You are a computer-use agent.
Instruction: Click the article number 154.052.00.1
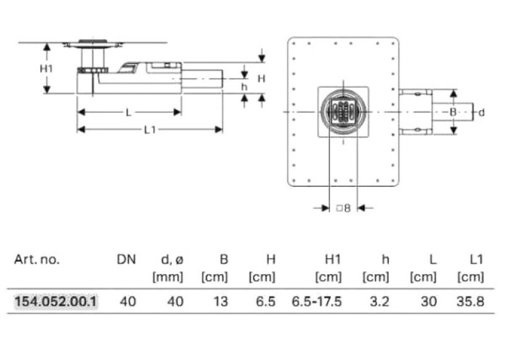(x=55, y=302)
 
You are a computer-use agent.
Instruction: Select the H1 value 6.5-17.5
(x=317, y=302)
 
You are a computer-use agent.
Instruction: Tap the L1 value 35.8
(x=470, y=302)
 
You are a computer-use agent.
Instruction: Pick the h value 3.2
(x=380, y=302)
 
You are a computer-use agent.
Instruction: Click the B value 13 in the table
(x=220, y=302)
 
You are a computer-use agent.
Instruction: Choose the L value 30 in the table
(x=428, y=302)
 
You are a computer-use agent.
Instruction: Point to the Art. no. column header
(x=37, y=260)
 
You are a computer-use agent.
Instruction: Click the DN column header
(x=126, y=260)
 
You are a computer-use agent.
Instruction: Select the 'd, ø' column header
(x=172, y=260)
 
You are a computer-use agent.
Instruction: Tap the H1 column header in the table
(x=333, y=260)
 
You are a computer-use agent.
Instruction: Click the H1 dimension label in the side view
(x=46, y=68)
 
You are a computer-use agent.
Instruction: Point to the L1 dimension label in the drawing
(x=150, y=130)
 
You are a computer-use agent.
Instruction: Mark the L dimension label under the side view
(x=129, y=112)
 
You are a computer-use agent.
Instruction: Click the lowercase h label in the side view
(x=244, y=87)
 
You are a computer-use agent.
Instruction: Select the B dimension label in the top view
(x=453, y=112)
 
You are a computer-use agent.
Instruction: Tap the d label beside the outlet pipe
(x=481, y=112)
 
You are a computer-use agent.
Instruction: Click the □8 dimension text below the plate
(x=343, y=208)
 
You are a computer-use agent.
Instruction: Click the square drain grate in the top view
(x=343, y=112)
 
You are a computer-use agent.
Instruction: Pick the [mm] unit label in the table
(x=168, y=277)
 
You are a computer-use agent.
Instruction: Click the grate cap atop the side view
(x=93, y=41)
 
